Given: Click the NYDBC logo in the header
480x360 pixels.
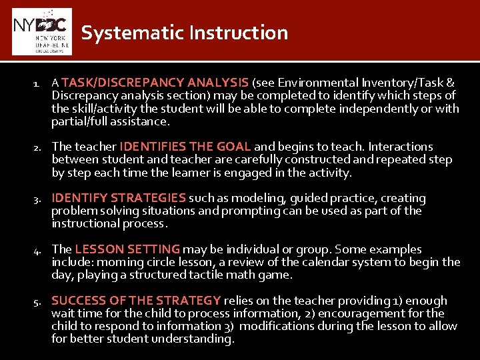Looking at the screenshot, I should tap(41, 31).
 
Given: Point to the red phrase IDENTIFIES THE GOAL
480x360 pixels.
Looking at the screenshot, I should tap(185, 147).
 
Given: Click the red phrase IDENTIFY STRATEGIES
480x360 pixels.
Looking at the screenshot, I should tap(119, 198).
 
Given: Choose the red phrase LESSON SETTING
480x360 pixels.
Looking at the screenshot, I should tap(127, 249).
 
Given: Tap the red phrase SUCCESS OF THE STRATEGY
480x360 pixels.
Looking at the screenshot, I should tap(136, 301).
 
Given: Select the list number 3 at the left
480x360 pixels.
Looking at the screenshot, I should tap(39, 199).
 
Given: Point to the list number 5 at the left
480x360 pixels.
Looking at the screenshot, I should tap(39, 301).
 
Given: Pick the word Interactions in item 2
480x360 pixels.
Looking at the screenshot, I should tap(401, 147).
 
